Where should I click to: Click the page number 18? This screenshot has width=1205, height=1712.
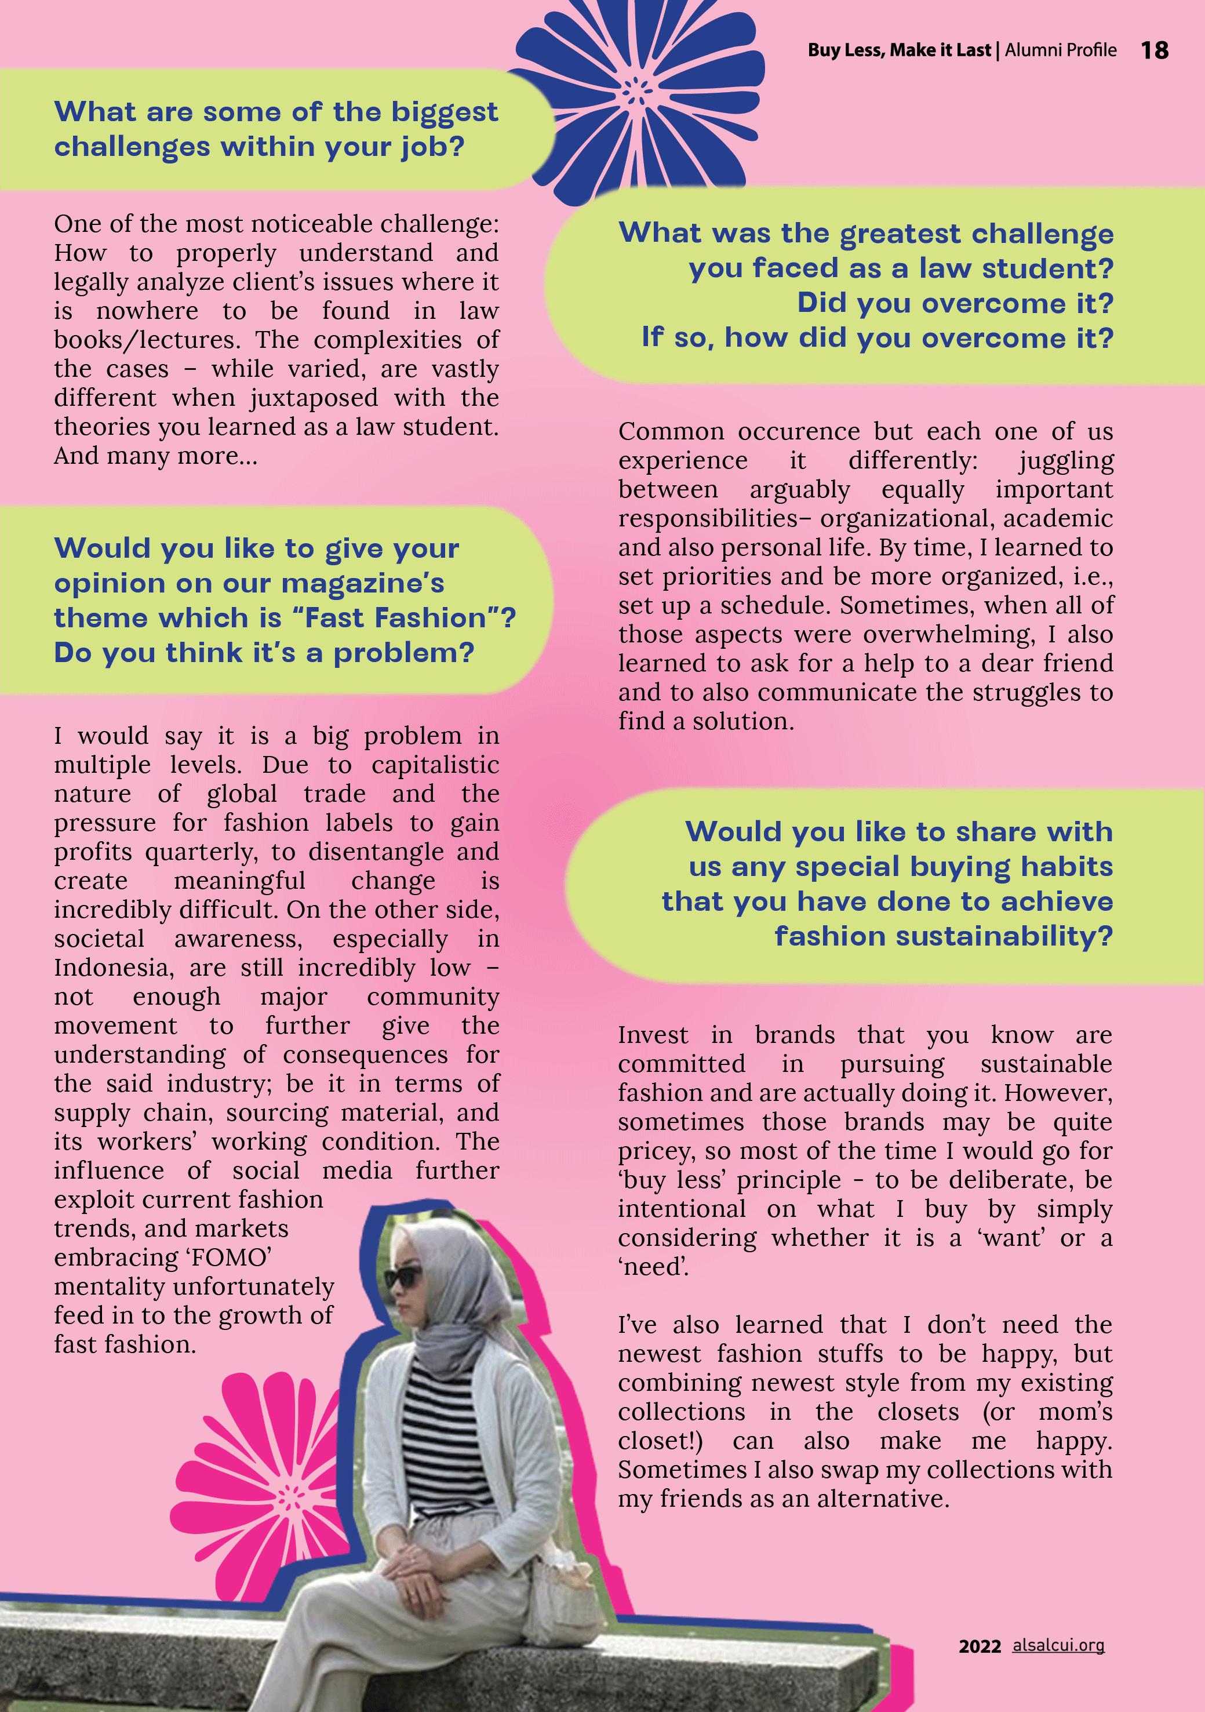[x=1155, y=50]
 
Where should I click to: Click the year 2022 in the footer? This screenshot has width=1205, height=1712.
[x=979, y=1646]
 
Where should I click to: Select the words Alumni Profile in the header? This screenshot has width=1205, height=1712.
[x=1060, y=50]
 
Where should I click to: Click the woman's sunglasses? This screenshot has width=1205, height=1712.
[x=407, y=1278]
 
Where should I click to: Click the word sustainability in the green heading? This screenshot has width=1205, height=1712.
[x=943, y=936]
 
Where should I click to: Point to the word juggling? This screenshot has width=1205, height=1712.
[x=1066, y=461]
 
